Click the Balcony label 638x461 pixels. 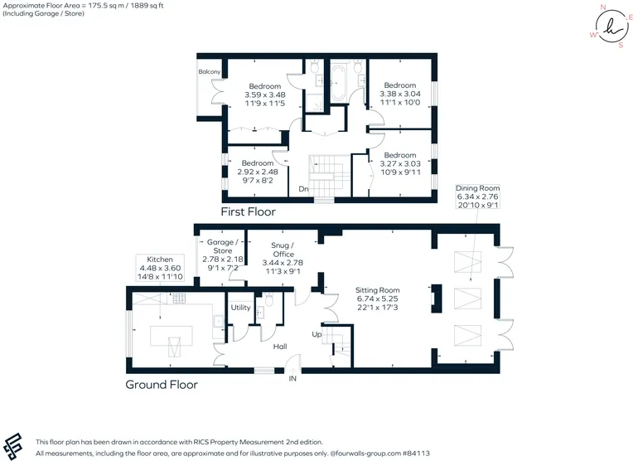click(x=210, y=71)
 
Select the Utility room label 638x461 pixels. click(x=240, y=308)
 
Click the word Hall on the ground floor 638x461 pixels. click(x=280, y=347)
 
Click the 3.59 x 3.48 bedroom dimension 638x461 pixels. click(x=265, y=95)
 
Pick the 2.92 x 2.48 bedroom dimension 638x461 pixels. click(x=258, y=172)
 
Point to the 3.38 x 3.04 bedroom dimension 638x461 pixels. click(x=400, y=94)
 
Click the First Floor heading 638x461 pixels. click(x=249, y=211)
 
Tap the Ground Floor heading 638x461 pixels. click(x=162, y=385)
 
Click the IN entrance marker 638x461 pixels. click(x=292, y=379)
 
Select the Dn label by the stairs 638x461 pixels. click(x=303, y=189)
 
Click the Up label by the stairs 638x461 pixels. click(x=317, y=334)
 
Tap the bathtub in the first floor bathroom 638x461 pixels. click(x=338, y=84)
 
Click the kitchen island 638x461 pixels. click(x=172, y=336)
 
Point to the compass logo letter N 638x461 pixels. click(x=603, y=7)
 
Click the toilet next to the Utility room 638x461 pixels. click(x=268, y=299)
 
